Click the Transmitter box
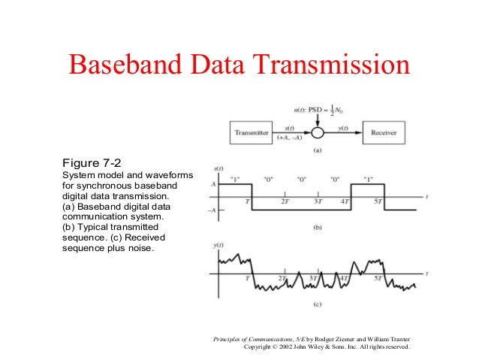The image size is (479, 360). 252,133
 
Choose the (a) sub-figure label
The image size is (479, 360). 318,151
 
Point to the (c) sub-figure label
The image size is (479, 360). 318,305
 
